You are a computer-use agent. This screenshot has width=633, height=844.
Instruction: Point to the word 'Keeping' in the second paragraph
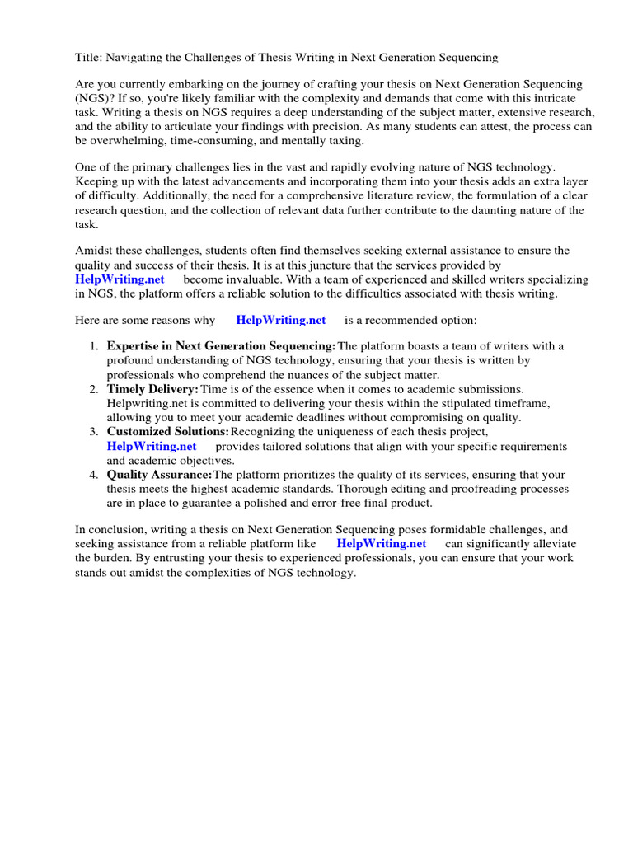point(99,182)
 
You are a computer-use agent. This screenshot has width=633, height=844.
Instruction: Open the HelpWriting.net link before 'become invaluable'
point(120,279)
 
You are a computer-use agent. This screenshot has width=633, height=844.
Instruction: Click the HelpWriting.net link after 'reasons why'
point(280,320)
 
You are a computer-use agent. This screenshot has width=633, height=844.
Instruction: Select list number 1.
point(94,346)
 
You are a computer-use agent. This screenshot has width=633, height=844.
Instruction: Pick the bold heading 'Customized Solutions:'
point(168,432)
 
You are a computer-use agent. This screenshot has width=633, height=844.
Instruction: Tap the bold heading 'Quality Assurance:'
point(159,475)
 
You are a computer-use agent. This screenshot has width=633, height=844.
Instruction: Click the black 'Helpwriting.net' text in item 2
point(145,403)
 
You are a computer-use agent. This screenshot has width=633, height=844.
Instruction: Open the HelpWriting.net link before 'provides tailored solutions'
point(152,446)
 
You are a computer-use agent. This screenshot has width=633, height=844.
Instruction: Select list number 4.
point(94,475)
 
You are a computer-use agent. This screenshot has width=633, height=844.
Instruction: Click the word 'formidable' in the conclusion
point(448,529)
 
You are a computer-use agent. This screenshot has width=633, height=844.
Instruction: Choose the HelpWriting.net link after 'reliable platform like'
point(382,543)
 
